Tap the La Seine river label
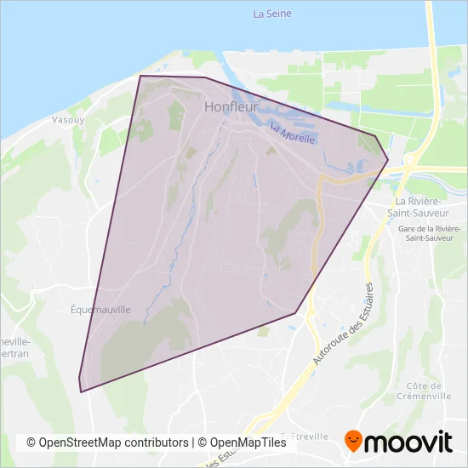271,14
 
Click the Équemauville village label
101,310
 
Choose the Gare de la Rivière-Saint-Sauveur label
429,233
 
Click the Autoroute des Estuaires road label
345,323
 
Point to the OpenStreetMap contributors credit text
107,442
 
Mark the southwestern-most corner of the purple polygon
81,391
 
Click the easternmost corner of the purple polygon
388,159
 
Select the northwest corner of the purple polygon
140,77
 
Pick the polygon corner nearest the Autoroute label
296,313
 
